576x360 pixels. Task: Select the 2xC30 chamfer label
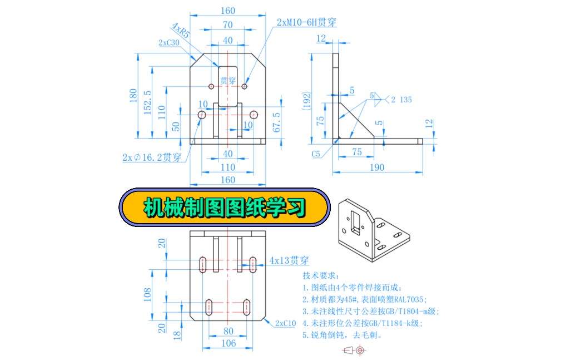168,43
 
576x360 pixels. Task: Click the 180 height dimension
133,96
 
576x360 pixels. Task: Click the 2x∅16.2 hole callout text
152,157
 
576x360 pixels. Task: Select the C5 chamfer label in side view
316,153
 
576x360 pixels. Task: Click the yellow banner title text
225,208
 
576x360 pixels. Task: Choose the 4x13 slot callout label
289,260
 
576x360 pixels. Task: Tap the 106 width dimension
228,343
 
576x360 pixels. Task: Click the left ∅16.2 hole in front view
202,114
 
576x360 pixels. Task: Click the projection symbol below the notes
354,350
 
